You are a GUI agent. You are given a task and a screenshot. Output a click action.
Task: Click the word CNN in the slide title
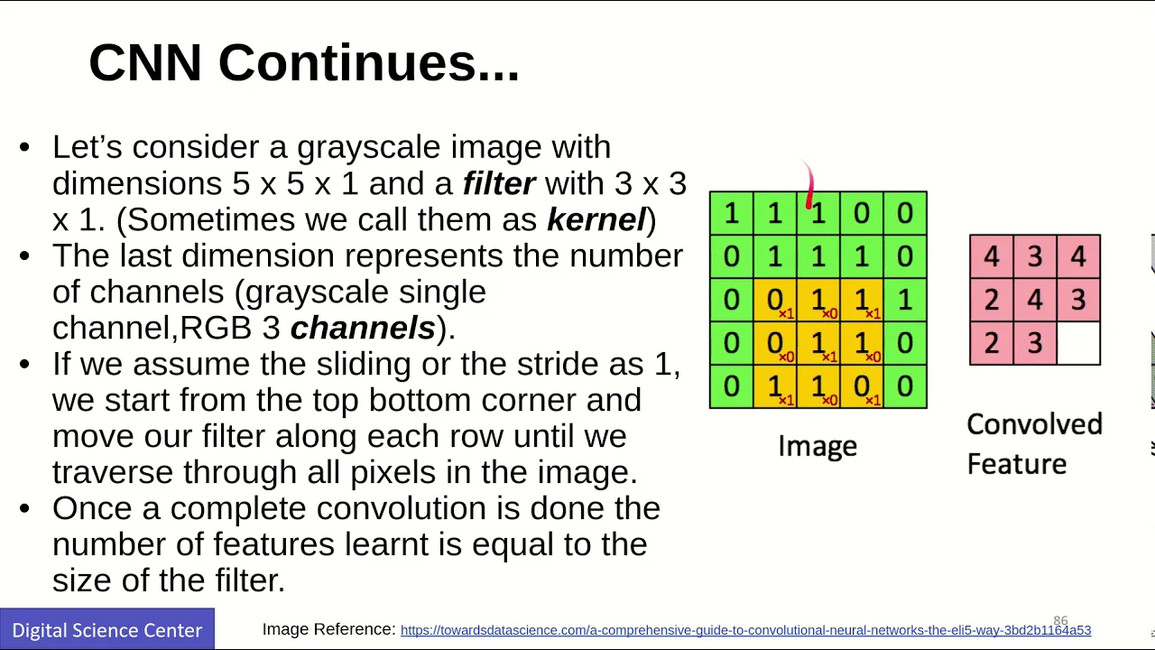pyautogui.click(x=145, y=63)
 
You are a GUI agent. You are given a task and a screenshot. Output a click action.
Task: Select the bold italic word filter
pyautogui.click(x=499, y=183)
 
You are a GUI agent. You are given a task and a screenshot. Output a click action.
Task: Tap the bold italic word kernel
pyautogui.click(x=596, y=219)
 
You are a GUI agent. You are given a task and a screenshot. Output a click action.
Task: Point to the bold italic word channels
pyautogui.click(x=363, y=328)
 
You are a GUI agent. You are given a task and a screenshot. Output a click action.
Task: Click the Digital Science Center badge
pyautogui.click(x=107, y=629)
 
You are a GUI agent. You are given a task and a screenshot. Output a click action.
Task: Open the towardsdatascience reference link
pyautogui.click(x=745, y=630)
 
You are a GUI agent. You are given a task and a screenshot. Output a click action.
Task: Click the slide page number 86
pyautogui.click(x=1060, y=620)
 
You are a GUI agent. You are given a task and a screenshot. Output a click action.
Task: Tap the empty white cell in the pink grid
pyautogui.click(x=1078, y=344)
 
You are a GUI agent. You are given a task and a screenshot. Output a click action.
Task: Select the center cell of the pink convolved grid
pyautogui.click(x=1035, y=300)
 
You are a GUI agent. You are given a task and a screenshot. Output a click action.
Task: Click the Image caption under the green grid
pyautogui.click(x=818, y=446)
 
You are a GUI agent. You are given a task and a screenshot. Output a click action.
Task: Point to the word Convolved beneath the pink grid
pyautogui.click(x=1034, y=424)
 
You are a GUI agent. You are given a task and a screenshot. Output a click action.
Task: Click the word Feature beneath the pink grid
pyautogui.click(x=1017, y=464)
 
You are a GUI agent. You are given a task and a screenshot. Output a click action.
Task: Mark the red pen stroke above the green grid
pyautogui.click(x=809, y=184)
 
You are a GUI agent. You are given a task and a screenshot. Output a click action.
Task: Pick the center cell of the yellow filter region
pyautogui.click(x=818, y=343)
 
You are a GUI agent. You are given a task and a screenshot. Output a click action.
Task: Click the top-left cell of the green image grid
pyautogui.click(x=732, y=213)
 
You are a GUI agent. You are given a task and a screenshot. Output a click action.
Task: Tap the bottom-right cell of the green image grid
pyautogui.click(x=905, y=386)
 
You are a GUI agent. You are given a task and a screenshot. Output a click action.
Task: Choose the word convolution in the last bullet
pyautogui.click(x=402, y=508)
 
